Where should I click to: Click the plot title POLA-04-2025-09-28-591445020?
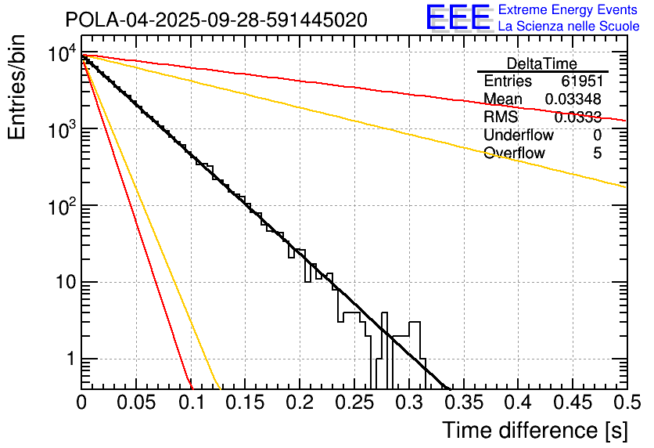tap(216, 20)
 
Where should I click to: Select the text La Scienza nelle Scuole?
tap(569, 26)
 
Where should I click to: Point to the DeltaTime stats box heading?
tap(542, 63)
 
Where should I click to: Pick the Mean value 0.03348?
tap(573, 99)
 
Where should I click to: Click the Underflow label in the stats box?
tap(519, 135)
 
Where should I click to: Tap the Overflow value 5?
tap(597, 154)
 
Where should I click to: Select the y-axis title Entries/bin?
tap(17, 89)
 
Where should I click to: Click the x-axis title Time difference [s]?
tap(534, 430)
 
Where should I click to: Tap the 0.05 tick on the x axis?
tap(135, 403)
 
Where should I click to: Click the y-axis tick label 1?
tap(68, 359)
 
